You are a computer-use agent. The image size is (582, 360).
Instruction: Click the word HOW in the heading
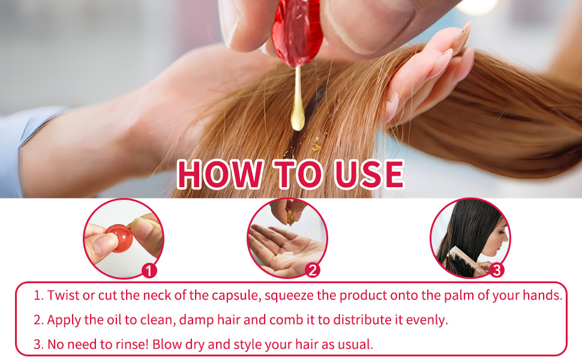click(219, 173)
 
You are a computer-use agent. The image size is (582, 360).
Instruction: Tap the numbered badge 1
click(149, 271)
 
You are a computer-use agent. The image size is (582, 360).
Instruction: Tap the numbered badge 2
click(312, 270)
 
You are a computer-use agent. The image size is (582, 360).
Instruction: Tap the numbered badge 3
click(496, 270)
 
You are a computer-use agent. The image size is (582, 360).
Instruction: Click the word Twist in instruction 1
click(61, 295)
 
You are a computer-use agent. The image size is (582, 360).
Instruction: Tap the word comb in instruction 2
click(278, 320)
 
